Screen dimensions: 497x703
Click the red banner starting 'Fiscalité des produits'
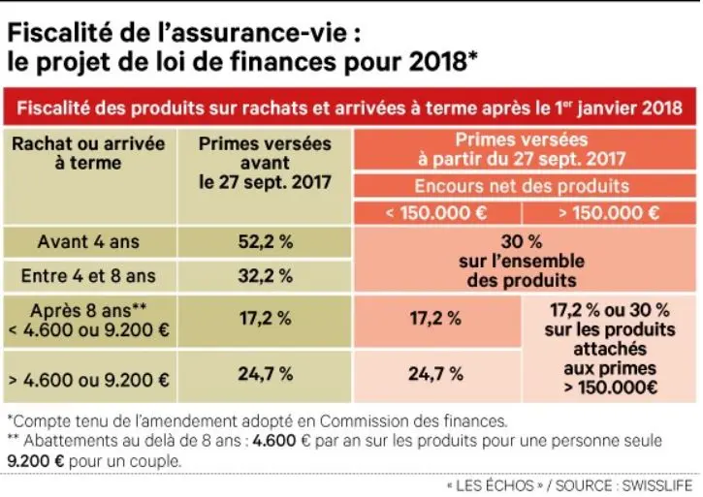[x=350, y=105]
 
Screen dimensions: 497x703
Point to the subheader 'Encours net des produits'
[x=522, y=185]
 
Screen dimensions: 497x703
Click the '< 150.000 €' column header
[x=437, y=212]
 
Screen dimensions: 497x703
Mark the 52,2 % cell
[x=265, y=241]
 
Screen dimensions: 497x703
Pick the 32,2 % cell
[x=265, y=276]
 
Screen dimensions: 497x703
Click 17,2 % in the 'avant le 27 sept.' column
[x=265, y=318]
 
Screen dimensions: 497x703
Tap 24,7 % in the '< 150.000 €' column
[x=436, y=373]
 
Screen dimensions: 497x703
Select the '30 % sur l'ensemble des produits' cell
[x=522, y=260]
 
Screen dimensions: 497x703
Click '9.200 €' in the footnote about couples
[x=36, y=461]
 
